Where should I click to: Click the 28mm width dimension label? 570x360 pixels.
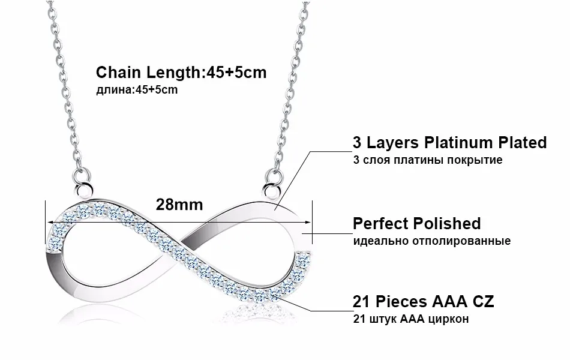179,204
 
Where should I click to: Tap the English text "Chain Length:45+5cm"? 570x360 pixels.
181,73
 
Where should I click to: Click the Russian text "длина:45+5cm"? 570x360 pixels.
137,90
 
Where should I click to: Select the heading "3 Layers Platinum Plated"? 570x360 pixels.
449,142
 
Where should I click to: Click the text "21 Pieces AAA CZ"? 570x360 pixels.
423,301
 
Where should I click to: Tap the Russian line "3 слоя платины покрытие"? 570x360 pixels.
428,160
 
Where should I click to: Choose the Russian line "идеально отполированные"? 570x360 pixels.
431,241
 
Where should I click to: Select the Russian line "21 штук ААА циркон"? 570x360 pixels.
411,319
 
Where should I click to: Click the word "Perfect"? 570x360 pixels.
380,223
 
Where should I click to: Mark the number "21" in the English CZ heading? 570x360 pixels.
361,301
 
